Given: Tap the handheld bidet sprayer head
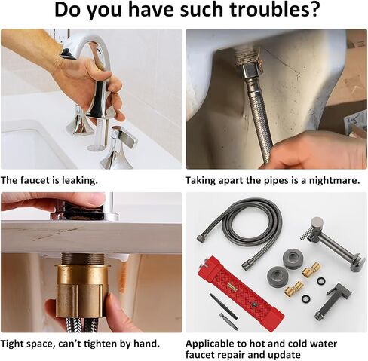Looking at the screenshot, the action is [x=333, y=301].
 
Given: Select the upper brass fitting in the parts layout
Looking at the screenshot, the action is [x=311, y=269].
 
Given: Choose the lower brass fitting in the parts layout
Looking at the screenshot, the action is [x=293, y=289].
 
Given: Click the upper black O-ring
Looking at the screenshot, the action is [x=321, y=280].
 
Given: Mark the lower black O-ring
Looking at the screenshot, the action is [x=305, y=299].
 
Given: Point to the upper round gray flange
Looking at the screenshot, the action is [x=293, y=258].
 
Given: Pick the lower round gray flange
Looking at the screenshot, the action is [x=278, y=276].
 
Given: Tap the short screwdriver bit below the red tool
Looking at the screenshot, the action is [x=228, y=322].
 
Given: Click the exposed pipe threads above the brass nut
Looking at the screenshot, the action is [x=83, y=259].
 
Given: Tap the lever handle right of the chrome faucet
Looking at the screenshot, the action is [x=120, y=148].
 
